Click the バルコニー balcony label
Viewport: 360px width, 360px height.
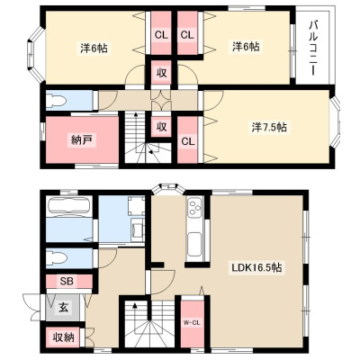[x=313, y=48]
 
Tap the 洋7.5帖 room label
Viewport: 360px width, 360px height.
[x=269, y=128]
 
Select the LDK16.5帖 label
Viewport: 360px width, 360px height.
[x=256, y=267]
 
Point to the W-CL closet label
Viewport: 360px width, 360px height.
[x=192, y=323]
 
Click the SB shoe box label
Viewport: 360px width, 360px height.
[x=67, y=281]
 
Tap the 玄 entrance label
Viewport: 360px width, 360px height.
[x=63, y=308]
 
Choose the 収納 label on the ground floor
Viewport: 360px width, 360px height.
[x=63, y=337]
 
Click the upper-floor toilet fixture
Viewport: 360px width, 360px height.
[x=57, y=100]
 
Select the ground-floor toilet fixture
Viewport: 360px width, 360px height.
[x=57, y=258]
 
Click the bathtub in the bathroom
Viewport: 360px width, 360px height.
[x=69, y=207]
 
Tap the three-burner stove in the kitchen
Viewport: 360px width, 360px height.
[x=194, y=207]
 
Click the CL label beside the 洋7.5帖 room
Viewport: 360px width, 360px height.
[x=188, y=141]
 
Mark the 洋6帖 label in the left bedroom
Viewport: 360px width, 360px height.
[x=94, y=48]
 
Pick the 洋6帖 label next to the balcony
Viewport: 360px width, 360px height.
[x=246, y=47]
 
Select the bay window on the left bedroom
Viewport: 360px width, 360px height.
[x=36, y=54]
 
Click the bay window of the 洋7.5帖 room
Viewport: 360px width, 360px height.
[x=337, y=121]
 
